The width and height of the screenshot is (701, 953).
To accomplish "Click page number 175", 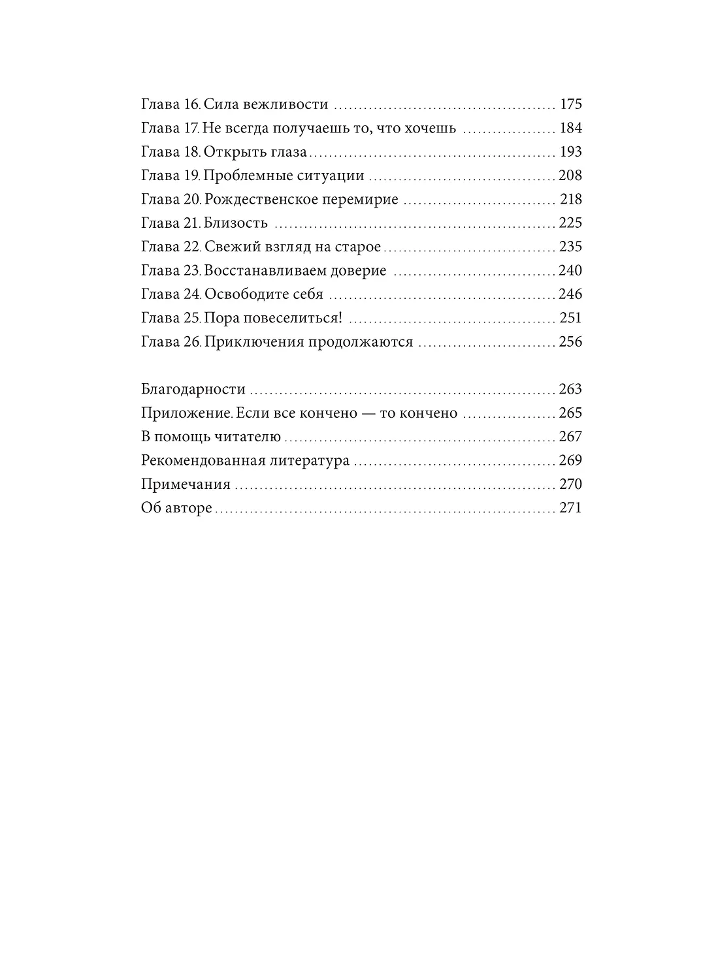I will point(570,104).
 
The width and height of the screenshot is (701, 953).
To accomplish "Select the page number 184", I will point(570,128).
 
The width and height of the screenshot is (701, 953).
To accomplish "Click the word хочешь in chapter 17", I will point(427,128).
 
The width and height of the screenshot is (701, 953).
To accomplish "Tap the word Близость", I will point(236,223).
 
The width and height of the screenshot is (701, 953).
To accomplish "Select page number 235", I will point(570,247).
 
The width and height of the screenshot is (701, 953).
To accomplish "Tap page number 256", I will point(570,342).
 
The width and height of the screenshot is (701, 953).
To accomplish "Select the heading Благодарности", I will point(193,390).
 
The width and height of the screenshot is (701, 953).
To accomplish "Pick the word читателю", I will point(250,437).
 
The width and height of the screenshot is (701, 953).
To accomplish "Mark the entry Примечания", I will point(186,484).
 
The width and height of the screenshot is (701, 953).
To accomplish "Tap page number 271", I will point(570,508).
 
